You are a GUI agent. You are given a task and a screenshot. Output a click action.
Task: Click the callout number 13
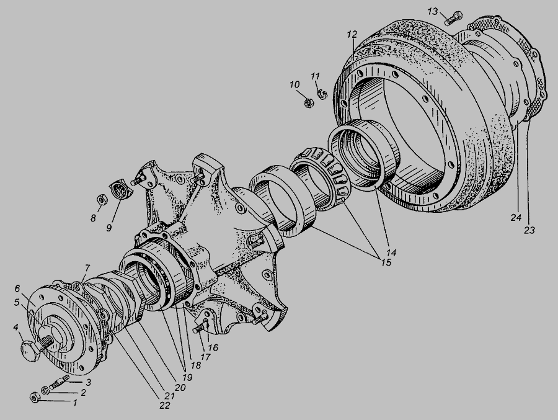click(432, 12)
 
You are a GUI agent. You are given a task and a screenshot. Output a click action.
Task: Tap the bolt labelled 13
click(454, 18)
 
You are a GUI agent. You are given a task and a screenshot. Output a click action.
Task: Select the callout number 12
click(352, 35)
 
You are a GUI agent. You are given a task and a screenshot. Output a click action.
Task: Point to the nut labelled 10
click(309, 104)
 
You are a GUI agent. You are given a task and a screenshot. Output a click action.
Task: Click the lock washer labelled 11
click(322, 94)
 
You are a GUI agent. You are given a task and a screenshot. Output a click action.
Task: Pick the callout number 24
click(516, 217)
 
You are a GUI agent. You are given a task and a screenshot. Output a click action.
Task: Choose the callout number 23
click(529, 230)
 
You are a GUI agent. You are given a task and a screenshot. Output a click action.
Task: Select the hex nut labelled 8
click(101, 200)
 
